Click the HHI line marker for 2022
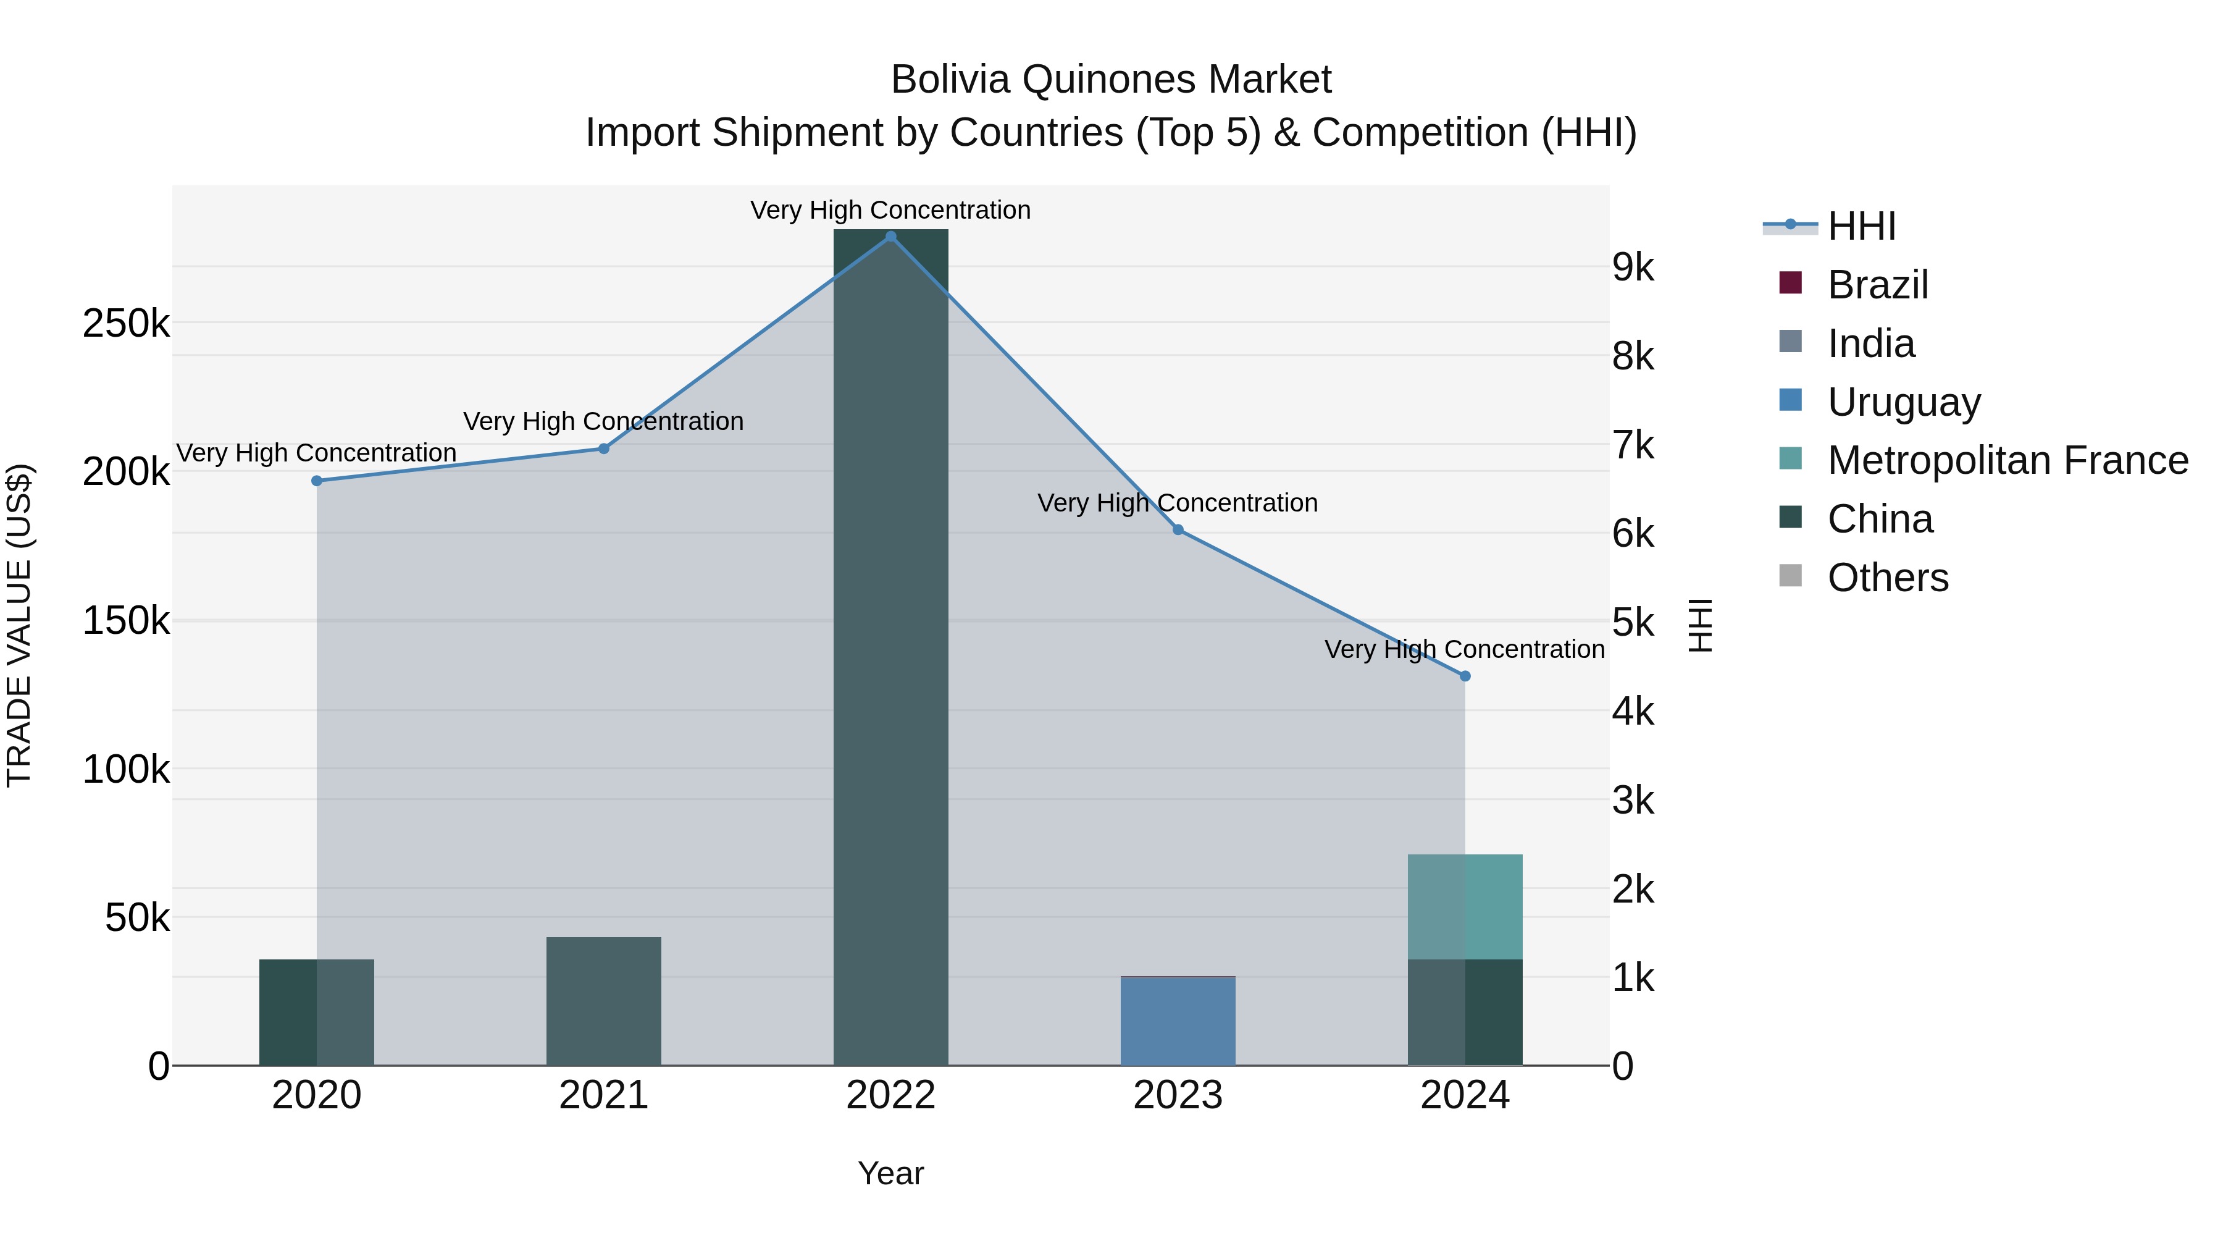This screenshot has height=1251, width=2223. point(890,237)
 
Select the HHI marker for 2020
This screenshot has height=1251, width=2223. point(317,481)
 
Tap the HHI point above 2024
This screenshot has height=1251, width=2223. point(1465,676)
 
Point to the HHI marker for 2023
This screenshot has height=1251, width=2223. point(1178,530)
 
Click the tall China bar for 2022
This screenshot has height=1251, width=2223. point(890,647)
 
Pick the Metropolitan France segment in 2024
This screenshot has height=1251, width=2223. point(1465,906)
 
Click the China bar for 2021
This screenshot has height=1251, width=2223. point(603,1001)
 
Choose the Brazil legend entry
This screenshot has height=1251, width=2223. point(1878,285)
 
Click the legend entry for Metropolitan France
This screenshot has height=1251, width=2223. point(2007,460)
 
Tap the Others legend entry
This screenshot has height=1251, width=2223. point(1887,578)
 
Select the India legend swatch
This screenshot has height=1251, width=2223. point(1791,342)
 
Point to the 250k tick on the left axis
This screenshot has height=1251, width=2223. point(126,324)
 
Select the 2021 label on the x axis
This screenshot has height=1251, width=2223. point(603,1095)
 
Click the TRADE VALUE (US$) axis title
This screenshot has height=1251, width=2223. point(19,625)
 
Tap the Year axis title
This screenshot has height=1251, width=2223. point(890,1173)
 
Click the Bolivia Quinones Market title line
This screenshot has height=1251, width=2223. point(1111,80)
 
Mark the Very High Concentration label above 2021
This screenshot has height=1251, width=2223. point(603,421)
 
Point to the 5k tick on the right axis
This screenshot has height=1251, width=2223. point(1633,623)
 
